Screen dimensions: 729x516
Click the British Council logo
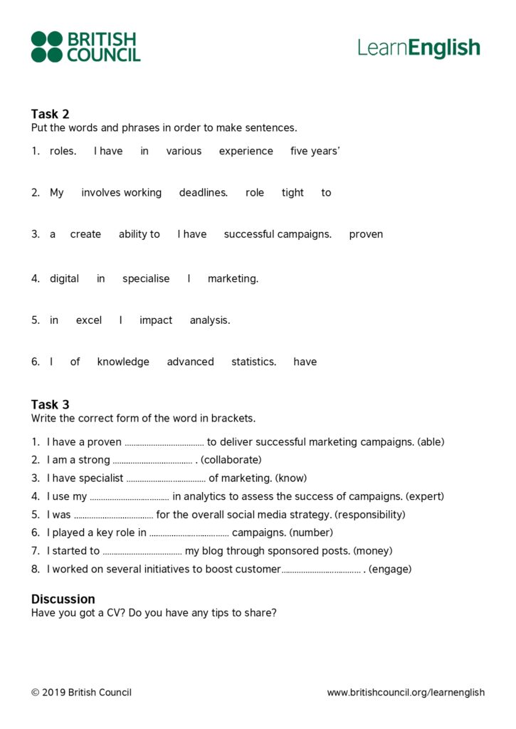pyautogui.click(x=85, y=47)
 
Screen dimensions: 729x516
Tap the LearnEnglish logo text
pyautogui.click(x=418, y=48)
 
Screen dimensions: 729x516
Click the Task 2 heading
pyautogui.click(x=51, y=114)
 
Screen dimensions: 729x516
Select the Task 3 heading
pyautogui.click(x=51, y=404)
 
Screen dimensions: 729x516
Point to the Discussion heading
pyautogui.click(x=63, y=599)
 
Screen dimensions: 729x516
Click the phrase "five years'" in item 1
pyautogui.click(x=315, y=151)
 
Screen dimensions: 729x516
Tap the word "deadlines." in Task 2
pyautogui.click(x=204, y=192)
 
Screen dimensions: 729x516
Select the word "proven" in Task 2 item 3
pyautogui.click(x=366, y=234)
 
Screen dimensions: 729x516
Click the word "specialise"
pyautogui.click(x=146, y=278)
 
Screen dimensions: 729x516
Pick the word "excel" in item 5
pyautogui.click(x=89, y=320)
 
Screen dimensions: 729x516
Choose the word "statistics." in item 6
pyautogui.click(x=253, y=362)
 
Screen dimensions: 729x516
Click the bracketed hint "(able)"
pyautogui.click(x=431, y=442)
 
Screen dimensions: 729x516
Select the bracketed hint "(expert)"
pyautogui.click(x=425, y=496)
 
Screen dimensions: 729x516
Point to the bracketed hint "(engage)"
pyautogui.click(x=390, y=569)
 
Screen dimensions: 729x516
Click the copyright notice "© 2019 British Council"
pyautogui.click(x=81, y=692)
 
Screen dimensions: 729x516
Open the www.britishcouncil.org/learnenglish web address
pyautogui.click(x=406, y=692)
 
